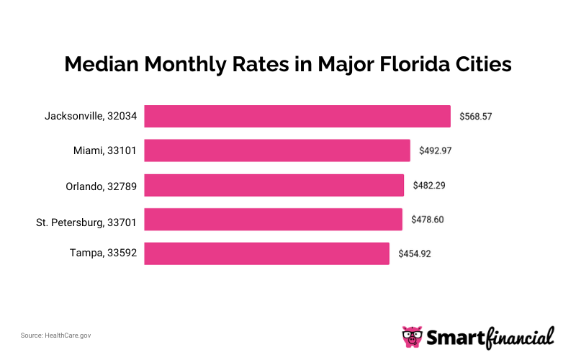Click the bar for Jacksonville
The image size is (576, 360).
[297, 116]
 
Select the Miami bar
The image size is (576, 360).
[277, 150]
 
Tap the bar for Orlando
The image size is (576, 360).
[274, 185]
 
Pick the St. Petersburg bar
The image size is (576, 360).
[273, 219]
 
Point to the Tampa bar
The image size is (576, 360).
[266, 253]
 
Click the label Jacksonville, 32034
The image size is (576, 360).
[90, 116]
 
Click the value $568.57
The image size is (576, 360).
[476, 116]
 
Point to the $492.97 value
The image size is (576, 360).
[436, 150]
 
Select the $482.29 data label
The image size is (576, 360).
[429, 185]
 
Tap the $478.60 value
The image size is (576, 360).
[428, 219]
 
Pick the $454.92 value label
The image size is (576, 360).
[415, 253]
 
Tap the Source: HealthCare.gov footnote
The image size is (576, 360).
[56, 336]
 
